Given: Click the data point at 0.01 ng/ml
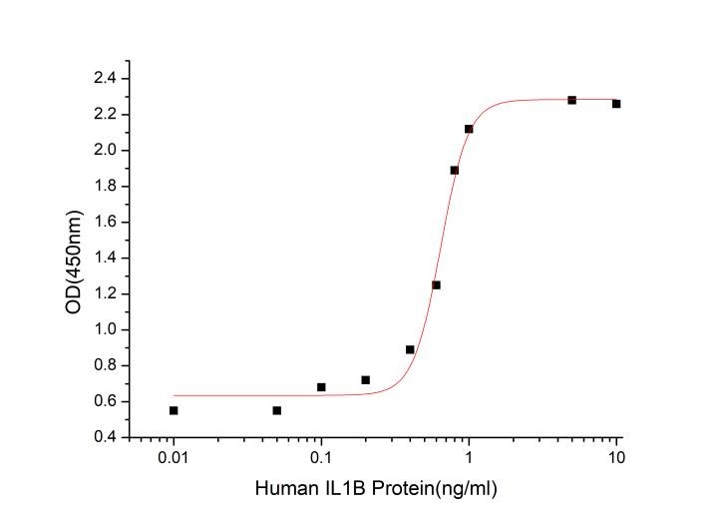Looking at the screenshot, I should tap(174, 410).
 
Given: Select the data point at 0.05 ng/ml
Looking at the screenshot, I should tap(276, 410).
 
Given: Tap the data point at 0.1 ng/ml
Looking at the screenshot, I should tap(321, 386).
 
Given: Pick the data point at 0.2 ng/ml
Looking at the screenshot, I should tap(366, 379).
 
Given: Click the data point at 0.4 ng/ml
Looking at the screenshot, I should tap(410, 349).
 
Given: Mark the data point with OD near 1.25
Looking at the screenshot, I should tap(436, 284).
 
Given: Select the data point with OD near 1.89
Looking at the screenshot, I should tap(455, 170).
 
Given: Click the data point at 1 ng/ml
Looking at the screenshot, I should tap(469, 129).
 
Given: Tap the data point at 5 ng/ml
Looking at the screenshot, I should tap(572, 100).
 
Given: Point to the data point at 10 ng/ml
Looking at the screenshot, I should tap(616, 104).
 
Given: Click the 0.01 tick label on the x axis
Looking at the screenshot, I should tap(174, 458).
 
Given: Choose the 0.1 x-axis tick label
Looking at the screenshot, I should tap(321, 458).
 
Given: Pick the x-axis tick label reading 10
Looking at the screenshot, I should tap(616, 458).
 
